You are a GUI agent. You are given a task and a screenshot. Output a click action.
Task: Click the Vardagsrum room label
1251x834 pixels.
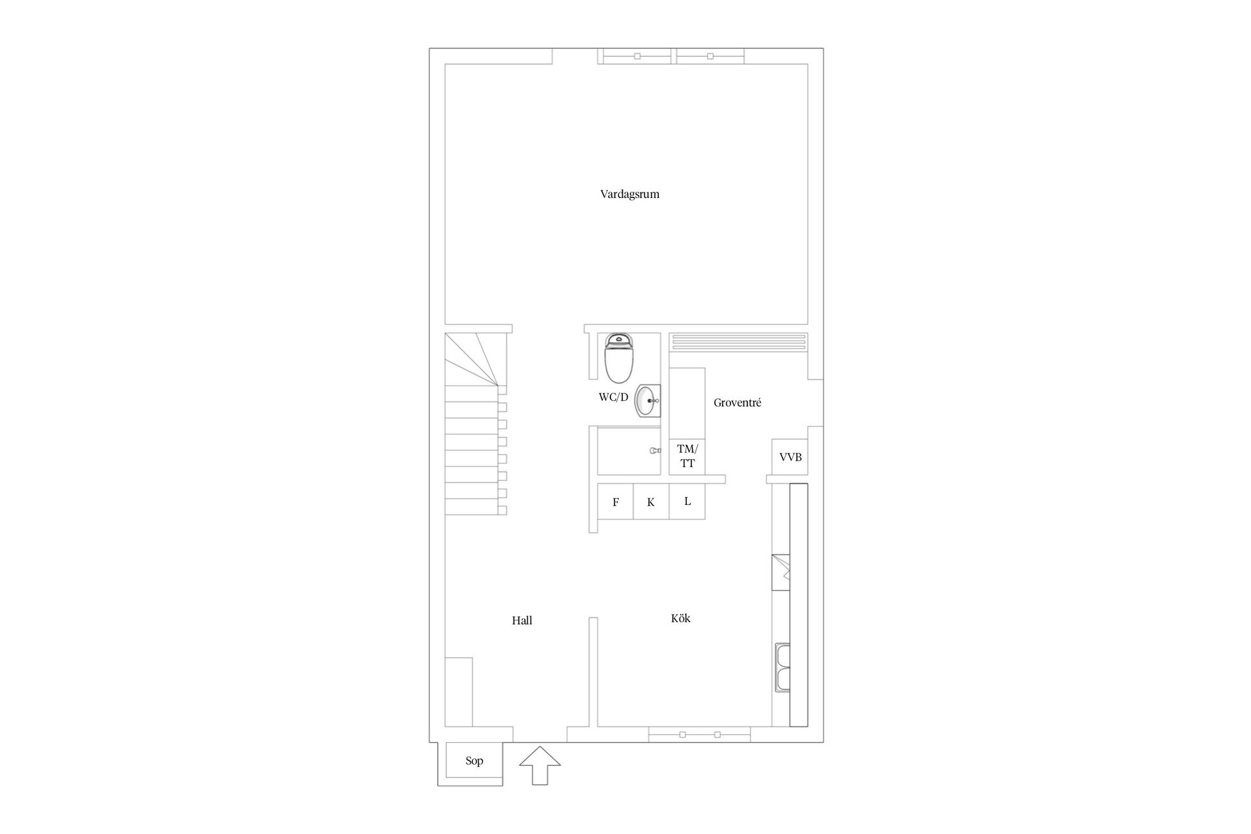click(x=629, y=194)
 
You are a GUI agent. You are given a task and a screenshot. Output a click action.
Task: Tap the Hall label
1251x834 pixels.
click(x=522, y=621)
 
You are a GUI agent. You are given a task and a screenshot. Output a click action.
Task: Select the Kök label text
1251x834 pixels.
click(x=680, y=618)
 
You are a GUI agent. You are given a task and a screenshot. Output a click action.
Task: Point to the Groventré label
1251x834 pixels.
click(x=737, y=403)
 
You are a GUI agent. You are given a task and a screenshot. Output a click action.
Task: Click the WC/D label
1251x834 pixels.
click(x=613, y=397)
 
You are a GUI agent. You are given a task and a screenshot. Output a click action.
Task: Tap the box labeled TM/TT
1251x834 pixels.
click(x=687, y=456)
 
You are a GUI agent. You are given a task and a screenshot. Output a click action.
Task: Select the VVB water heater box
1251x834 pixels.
click(x=790, y=457)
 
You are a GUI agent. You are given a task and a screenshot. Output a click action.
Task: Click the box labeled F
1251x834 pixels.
click(x=616, y=502)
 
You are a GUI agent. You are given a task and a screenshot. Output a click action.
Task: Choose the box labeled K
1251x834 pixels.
click(x=651, y=502)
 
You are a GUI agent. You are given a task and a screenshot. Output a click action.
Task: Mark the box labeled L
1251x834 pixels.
click(x=687, y=501)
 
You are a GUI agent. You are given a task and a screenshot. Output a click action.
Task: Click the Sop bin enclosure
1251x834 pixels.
click(x=474, y=761)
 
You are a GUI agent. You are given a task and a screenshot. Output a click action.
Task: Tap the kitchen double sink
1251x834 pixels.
click(x=782, y=667)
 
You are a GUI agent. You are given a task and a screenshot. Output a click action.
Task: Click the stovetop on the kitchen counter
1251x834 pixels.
click(x=781, y=571)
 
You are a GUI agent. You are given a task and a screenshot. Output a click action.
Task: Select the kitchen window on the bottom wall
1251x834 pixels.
click(x=699, y=734)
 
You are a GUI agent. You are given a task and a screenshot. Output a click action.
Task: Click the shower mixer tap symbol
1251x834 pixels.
click(x=655, y=450)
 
